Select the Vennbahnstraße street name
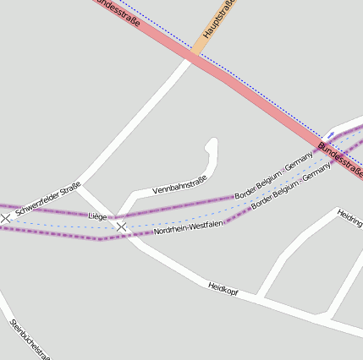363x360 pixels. pyautogui.click(x=179, y=185)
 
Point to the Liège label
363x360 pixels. pyautogui.click(x=98, y=217)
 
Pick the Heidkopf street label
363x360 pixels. pyautogui.click(x=223, y=288)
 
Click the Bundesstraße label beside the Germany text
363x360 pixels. pyautogui.click(x=340, y=161)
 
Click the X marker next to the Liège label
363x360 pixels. pyautogui.click(x=122, y=226)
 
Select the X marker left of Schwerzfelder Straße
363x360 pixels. pyautogui.click(x=6, y=218)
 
